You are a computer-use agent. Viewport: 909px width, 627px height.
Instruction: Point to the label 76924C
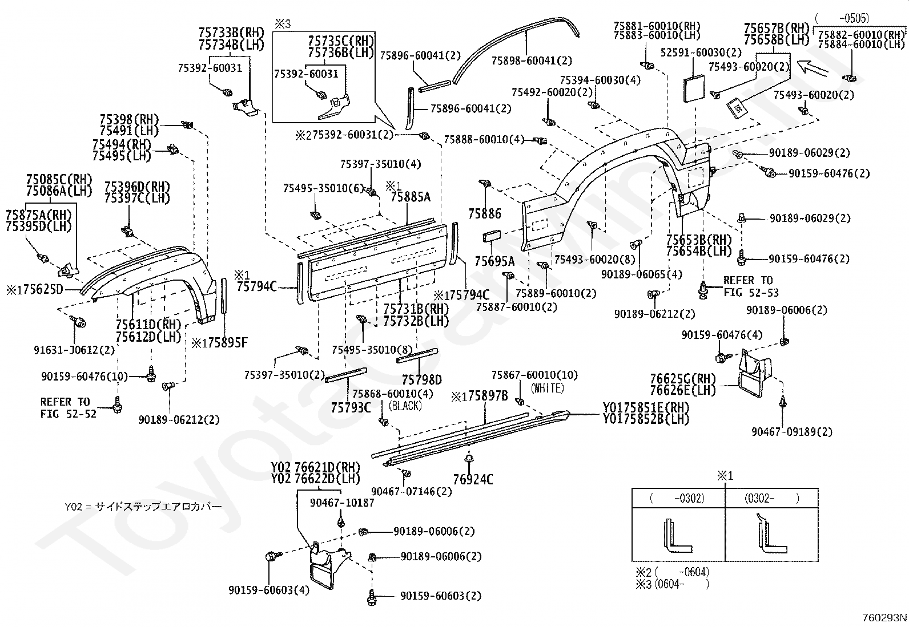pyautogui.click(x=473, y=479)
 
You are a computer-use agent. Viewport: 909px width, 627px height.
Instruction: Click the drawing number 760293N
pyautogui.click(x=884, y=617)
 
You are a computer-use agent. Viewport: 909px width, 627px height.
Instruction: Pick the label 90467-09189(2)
pyautogui.click(x=791, y=432)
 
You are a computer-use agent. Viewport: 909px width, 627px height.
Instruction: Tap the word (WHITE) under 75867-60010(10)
pyautogui.click(x=548, y=388)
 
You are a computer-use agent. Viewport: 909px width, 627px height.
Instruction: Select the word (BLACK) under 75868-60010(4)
pyautogui.click(x=405, y=406)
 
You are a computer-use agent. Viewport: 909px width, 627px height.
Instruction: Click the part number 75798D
pyautogui.click(x=421, y=379)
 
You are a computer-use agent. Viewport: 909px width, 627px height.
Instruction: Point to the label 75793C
pyautogui.click(x=351, y=407)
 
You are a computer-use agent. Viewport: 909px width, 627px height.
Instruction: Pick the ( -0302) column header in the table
pyautogui.click(x=678, y=499)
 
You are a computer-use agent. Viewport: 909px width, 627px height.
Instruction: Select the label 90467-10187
pyautogui.click(x=342, y=503)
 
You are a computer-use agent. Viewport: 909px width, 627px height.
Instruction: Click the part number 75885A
pyautogui.click(x=410, y=197)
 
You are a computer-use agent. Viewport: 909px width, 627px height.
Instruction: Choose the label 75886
pyautogui.click(x=484, y=213)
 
